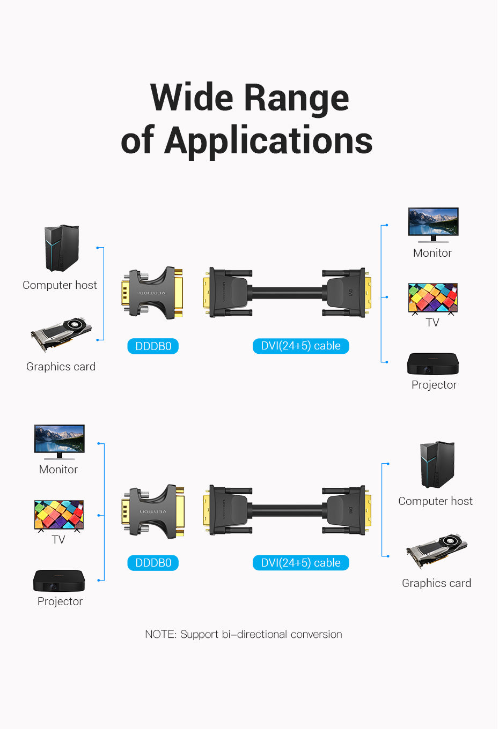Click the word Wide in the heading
click(x=192, y=98)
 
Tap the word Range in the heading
click(x=296, y=98)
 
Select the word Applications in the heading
click(x=268, y=141)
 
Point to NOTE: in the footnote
click(x=160, y=635)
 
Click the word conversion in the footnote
click(x=317, y=635)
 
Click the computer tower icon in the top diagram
click(x=61, y=248)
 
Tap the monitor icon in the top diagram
click(x=433, y=224)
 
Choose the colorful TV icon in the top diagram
click(x=432, y=298)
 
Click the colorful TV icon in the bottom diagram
click(x=58, y=515)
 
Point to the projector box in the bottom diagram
click(x=59, y=581)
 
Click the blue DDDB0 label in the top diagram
click(x=153, y=346)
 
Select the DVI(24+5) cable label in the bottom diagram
click(x=300, y=563)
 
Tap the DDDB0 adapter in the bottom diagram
click(x=153, y=511)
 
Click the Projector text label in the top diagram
click(x=434, y=385)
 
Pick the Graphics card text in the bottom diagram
click(x=436, y=583)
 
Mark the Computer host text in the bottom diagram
click(x=435, y=501)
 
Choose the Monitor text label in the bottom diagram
click(x=58, y=470)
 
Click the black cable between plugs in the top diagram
click(x=287, y=293)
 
